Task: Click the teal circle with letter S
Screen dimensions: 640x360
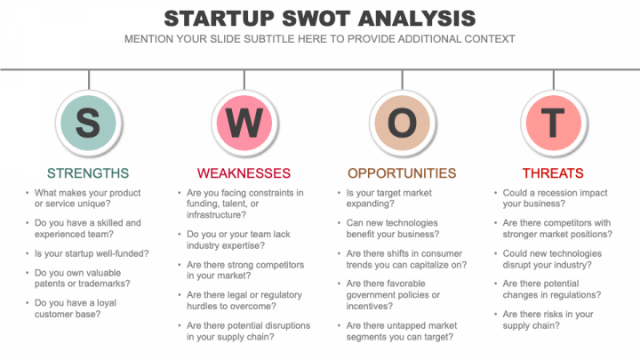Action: pyautogui.click(x=88, y=123)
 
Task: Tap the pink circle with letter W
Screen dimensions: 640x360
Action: pyautogui.click(x=244, y=123)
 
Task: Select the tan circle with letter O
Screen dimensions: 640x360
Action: pyautogui.click(x=402, y=123)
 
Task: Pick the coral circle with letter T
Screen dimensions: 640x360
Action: pyautogui.click(x=554, y=123)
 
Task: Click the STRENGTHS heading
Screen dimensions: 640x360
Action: pyautogui.click(x=88, y=173)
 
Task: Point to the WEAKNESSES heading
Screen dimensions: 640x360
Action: pyautogui.click(x=244, y=173)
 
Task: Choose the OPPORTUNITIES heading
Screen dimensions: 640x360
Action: pyautogui.click(x=402, y=173)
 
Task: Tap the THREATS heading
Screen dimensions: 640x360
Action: pyautogui.click(x=553, y=173)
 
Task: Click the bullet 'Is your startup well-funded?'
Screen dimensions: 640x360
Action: pyautogui.click(x=92, y=253)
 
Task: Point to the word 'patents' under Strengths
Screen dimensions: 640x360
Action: pyautogui.click(x=49, y=284)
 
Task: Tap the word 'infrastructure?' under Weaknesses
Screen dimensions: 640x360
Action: pyautogui.click(x=216, y=215)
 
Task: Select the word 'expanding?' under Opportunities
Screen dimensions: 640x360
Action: pyautogui.click(x=370, y=204)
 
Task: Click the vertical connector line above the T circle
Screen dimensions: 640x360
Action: pyautogui.click(x=554, y=80)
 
